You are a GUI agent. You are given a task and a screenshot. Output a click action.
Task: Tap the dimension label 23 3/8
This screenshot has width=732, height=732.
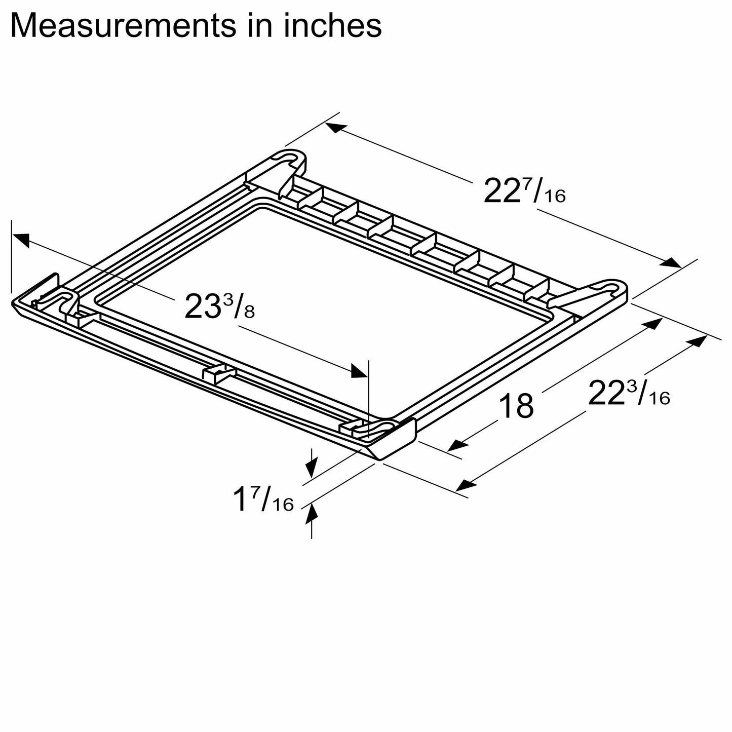point(219,307)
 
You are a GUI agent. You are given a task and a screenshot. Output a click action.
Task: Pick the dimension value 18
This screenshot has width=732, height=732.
point(516,406)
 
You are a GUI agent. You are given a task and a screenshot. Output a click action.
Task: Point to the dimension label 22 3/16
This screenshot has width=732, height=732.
point(628,395)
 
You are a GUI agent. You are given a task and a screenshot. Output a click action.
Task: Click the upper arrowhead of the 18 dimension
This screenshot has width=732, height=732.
point(655,323)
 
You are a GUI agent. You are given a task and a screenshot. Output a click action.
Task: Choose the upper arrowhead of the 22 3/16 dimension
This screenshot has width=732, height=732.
point(699,341)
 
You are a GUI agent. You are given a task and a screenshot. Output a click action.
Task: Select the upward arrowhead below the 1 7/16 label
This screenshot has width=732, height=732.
point(312,514)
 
